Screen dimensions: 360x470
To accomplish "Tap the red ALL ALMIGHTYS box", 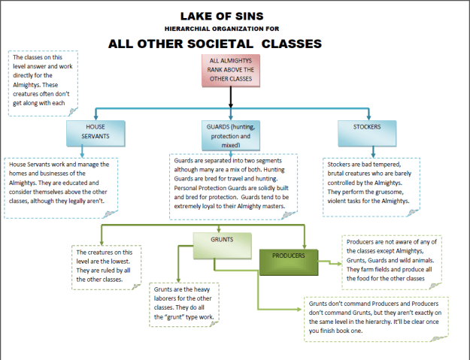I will [x=231, y=71].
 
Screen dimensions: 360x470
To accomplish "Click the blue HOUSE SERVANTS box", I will [x=95, y=133].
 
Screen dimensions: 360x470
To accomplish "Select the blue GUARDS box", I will [x=231, y=132].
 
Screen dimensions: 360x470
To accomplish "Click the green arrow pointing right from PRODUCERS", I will [x=333, y=263].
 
